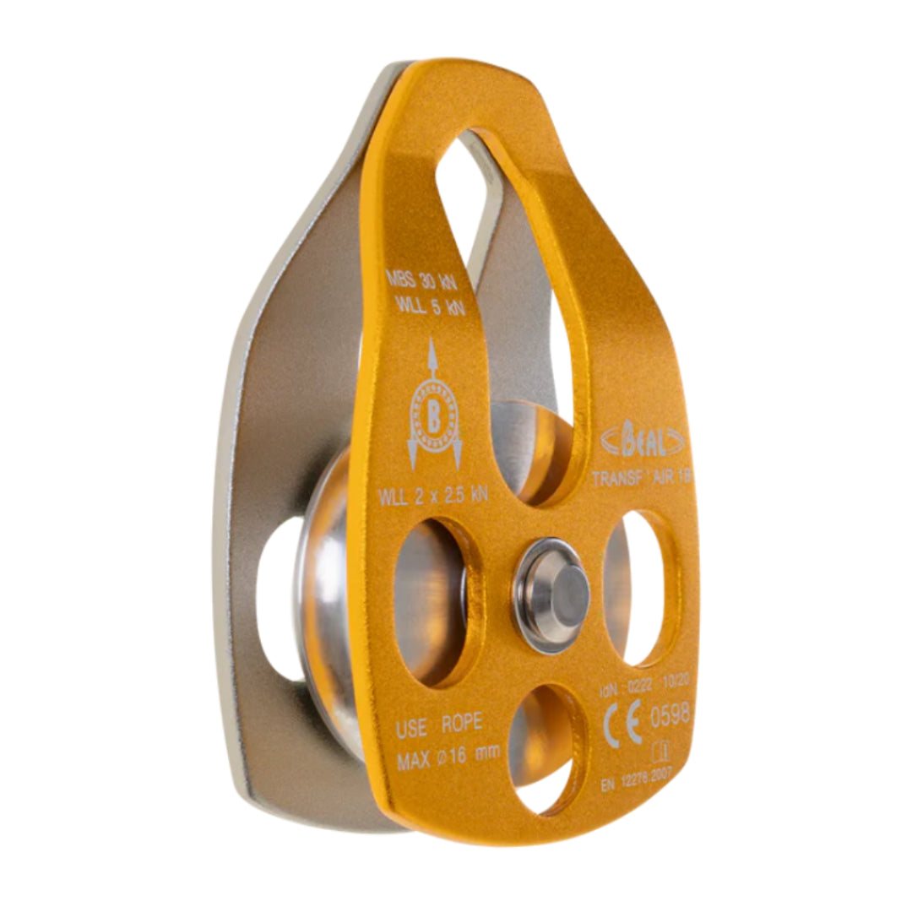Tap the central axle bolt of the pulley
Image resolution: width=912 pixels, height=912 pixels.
coord(553,595)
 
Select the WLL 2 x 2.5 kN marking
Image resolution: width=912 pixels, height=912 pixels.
coord(433,496)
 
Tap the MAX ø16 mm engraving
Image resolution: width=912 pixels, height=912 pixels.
coord(448,752)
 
